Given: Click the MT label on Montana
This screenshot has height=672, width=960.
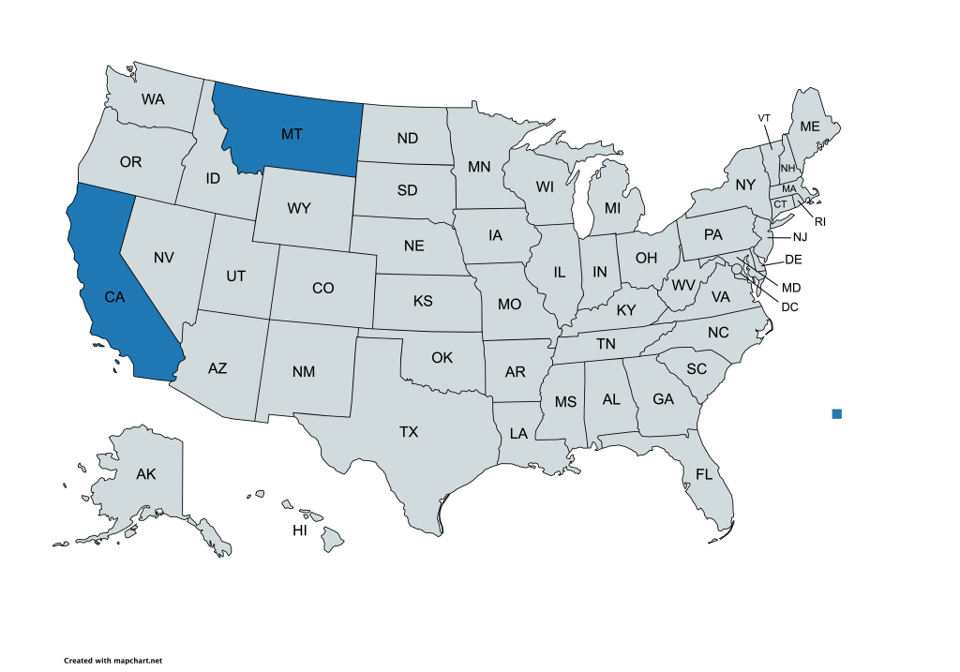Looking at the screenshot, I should click(292, 134).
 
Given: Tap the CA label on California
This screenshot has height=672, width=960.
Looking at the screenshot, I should click(114, 297).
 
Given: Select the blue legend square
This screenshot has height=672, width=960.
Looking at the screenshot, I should click(837, 413).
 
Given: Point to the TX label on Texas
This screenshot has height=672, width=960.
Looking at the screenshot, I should click(409, 432).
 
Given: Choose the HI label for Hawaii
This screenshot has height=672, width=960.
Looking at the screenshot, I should click(300, 530).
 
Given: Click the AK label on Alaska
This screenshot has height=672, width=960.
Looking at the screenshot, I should click(145, 474).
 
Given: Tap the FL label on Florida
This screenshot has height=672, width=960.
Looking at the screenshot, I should click(704, 474).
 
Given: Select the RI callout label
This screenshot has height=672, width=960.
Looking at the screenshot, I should click(819, 222).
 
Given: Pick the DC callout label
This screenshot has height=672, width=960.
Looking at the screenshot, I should click(789, 306).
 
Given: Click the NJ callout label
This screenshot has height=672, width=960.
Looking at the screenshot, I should click(800, 237).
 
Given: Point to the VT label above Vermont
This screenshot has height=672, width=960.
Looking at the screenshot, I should click(764, 118).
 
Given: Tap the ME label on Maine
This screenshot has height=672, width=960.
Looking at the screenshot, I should click(809, 127).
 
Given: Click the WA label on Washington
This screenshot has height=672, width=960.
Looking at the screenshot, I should click(154, 98).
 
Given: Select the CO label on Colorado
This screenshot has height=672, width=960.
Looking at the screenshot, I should click(322, 288).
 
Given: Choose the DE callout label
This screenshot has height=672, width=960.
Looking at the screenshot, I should click(792, 260).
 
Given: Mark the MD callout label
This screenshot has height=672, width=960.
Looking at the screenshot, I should click(791, 287).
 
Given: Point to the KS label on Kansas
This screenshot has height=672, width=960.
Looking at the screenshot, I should click(422, 302).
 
